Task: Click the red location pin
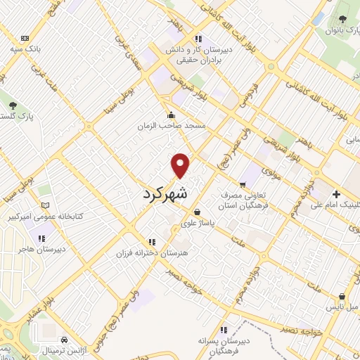181,165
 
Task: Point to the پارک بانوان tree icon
342,19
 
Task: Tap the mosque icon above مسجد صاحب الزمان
171,115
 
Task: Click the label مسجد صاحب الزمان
171,126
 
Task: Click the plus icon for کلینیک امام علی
336,194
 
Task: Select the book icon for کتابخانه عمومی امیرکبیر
46,205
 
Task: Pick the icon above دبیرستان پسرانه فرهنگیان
224,329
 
